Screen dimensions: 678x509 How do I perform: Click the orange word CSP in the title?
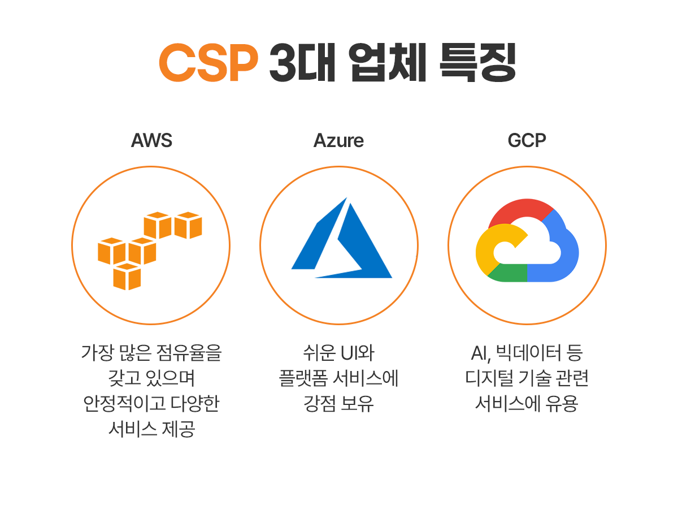(x=208, y=62)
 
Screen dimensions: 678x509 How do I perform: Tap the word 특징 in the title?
(x=477, y=62)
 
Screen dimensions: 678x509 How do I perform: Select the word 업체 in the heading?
(x=388, y=62)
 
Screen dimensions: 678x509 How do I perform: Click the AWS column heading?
(x=151, y=140)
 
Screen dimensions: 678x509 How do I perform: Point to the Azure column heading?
(x=338, y=140)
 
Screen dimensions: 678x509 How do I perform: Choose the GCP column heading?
(x=527, y=140)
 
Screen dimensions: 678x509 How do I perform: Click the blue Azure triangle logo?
(x=341, y=238)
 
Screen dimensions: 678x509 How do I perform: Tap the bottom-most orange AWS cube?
(x=127, y=277)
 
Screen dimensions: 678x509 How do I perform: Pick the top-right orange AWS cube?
(x=188, y=225)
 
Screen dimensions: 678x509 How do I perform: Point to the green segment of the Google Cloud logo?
(x=508, y=273)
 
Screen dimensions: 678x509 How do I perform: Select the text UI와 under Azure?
(x=357, y=352)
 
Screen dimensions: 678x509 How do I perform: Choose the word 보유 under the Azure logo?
(x=357, y=403)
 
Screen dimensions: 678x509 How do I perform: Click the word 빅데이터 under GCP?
(x=528, y=352)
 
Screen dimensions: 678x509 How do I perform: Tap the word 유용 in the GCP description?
(x=562, y=403)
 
